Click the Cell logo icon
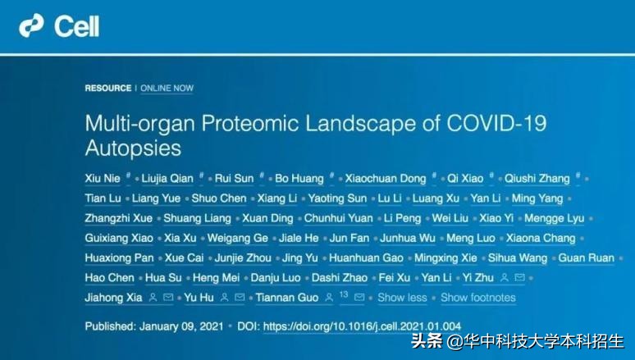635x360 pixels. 31,26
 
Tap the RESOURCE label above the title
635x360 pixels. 107,88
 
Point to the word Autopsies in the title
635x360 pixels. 133,149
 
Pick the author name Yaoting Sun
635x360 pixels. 336,198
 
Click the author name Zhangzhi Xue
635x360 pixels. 117,218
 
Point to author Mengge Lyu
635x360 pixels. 556,218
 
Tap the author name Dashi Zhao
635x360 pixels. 341,277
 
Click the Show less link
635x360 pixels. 402,297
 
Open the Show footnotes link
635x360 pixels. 478,297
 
